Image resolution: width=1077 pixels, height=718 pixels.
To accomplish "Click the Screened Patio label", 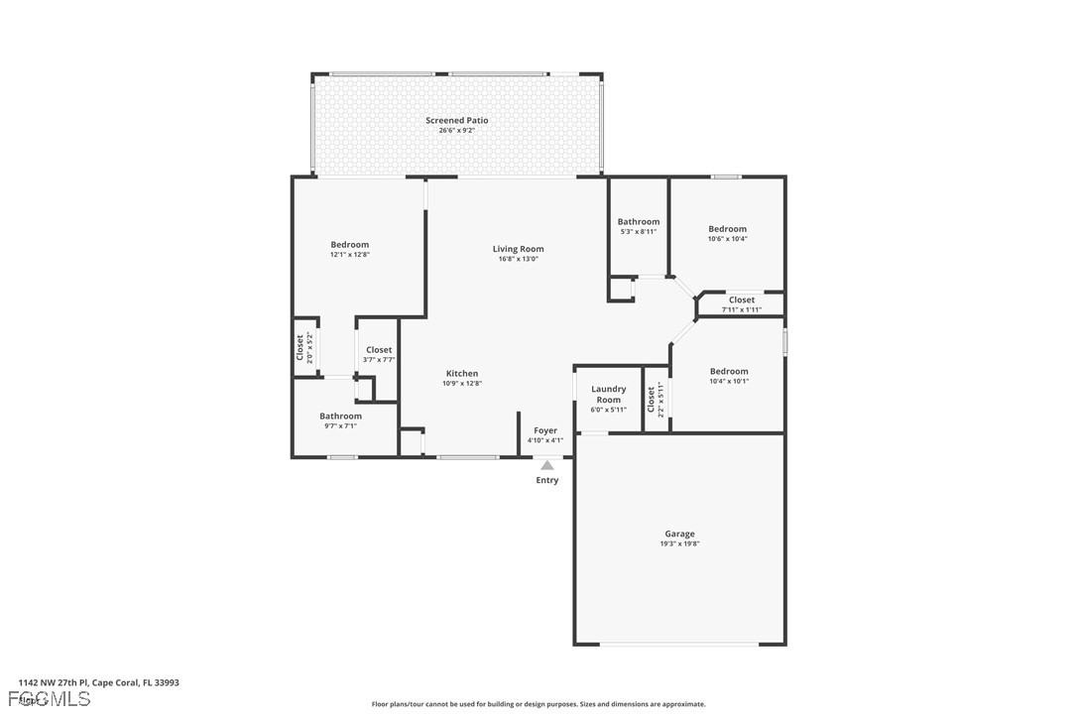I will click(457, 120).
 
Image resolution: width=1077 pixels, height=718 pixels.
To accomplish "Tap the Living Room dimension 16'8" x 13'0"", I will click(518, 260).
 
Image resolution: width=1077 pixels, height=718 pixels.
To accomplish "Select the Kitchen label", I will click(461, 374).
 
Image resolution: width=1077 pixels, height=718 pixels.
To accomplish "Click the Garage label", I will click(679, 534).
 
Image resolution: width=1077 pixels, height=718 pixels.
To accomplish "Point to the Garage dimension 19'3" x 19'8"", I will click(679, 544).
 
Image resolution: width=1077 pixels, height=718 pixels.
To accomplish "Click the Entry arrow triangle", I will click(547, 464).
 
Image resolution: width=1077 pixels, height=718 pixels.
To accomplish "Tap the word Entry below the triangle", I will click(547, 480).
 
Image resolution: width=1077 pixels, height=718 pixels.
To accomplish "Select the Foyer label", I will click(545, 430).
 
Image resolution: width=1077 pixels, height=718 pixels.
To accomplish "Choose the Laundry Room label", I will click(609, 394).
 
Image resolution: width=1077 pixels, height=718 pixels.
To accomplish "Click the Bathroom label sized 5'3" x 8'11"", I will click(638, 222).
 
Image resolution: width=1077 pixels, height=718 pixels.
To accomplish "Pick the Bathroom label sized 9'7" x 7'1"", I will click(340, 416).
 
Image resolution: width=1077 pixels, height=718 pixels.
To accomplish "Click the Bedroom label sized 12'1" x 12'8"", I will click(349, 245).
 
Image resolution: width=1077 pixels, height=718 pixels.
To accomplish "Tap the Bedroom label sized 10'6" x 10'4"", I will click(727, 229).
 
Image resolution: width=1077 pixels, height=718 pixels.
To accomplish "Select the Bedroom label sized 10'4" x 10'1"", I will click(729, 371).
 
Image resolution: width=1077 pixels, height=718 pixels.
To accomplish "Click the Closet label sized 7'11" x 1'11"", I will click(742, 299).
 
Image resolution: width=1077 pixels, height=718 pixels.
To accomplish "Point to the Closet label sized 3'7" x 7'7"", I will click(379, 350).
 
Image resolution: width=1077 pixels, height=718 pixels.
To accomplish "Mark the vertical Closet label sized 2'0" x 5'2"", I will click(299, 346).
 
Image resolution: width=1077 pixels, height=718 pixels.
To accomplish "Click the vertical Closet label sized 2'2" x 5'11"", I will click(652, 399).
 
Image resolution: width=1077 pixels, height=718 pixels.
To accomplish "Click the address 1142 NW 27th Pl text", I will click(98, 682).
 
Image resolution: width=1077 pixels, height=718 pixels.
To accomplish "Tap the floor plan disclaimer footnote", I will click(538, 704).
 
